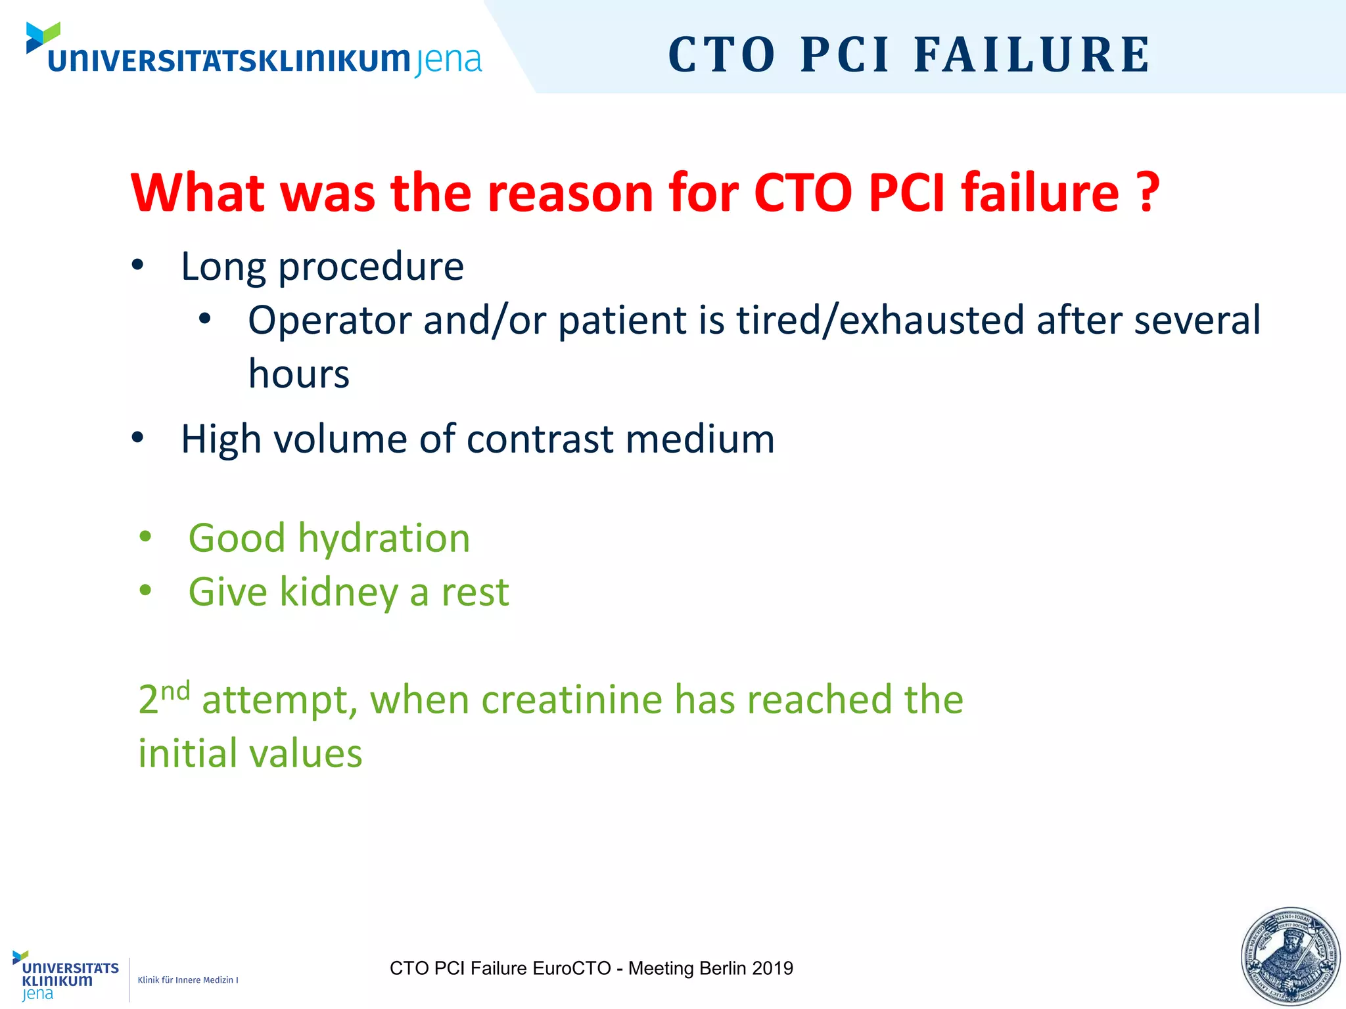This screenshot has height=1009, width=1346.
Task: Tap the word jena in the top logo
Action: pyautogui.click(x=449, y=61)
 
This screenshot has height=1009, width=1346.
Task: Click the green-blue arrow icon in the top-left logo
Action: pyautogui.click(x=43, y=37)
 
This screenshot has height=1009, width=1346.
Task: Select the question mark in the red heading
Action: pyautogui.click(x=1148, y=192)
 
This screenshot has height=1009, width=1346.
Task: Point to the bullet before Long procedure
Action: pyautogui.click(x=137, y=265)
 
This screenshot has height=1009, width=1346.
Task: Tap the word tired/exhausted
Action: pyautogui.click(x=880, y=321)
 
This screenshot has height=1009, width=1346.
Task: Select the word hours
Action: pyautogui.click(x=298, y=374)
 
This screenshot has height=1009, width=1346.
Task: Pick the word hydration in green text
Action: pyautogui.click(x=384, y=538)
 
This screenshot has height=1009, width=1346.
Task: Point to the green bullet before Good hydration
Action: pyautogui.click(x=145, y=537)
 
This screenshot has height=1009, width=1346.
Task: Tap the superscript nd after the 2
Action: pyautogui.click(x=175, y=691)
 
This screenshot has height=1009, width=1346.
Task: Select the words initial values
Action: pyautogui.click(x=250, y=753)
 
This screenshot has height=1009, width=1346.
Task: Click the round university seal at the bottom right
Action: pyautogui.click(x=1290, y=957)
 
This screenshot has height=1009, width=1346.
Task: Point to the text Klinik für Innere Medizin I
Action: pyautogui.click(x=187, y=980)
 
